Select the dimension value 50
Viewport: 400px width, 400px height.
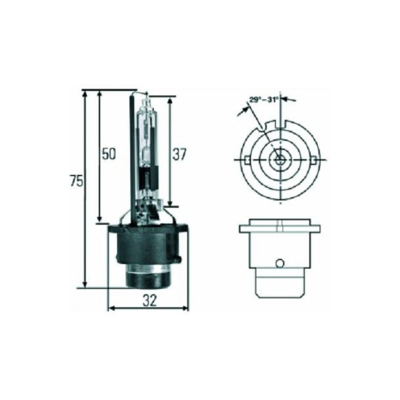pos(109,153)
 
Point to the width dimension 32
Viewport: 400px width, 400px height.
pos(149,301)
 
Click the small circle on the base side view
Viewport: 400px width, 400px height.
pos(280,263)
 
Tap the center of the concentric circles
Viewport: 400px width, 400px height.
pos(280,160)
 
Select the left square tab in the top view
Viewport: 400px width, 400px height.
pos(247,160)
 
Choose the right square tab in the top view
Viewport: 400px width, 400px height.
pos(315,160)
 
